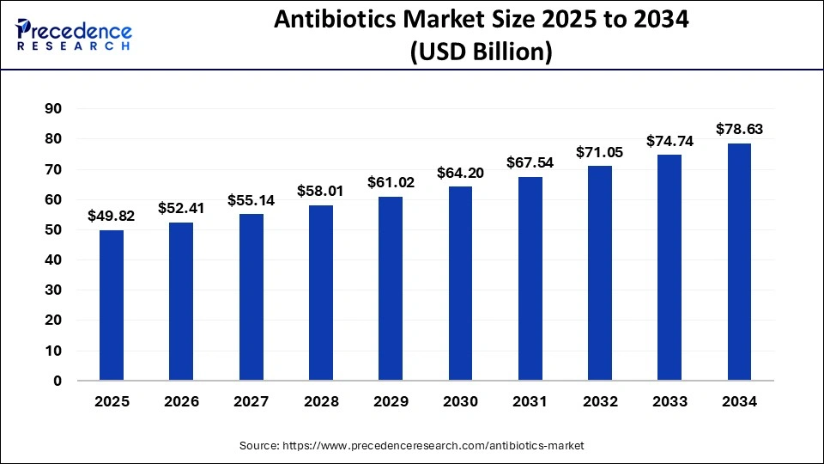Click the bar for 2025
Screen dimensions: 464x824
111,305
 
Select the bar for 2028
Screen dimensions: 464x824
320,292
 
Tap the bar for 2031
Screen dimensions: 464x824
530,278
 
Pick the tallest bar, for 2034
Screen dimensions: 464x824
739,261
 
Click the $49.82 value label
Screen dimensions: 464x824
111,217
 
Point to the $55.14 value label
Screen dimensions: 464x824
251,200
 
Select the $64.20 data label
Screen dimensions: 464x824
460,173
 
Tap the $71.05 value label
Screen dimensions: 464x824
600,152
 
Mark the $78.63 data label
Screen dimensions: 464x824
739,130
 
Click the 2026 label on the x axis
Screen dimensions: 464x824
181,401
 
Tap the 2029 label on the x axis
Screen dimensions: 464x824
391,401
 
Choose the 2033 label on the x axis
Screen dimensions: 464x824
669,401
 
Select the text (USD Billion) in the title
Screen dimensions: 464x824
481,53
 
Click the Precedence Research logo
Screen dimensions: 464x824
73,33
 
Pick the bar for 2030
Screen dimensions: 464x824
460,284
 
